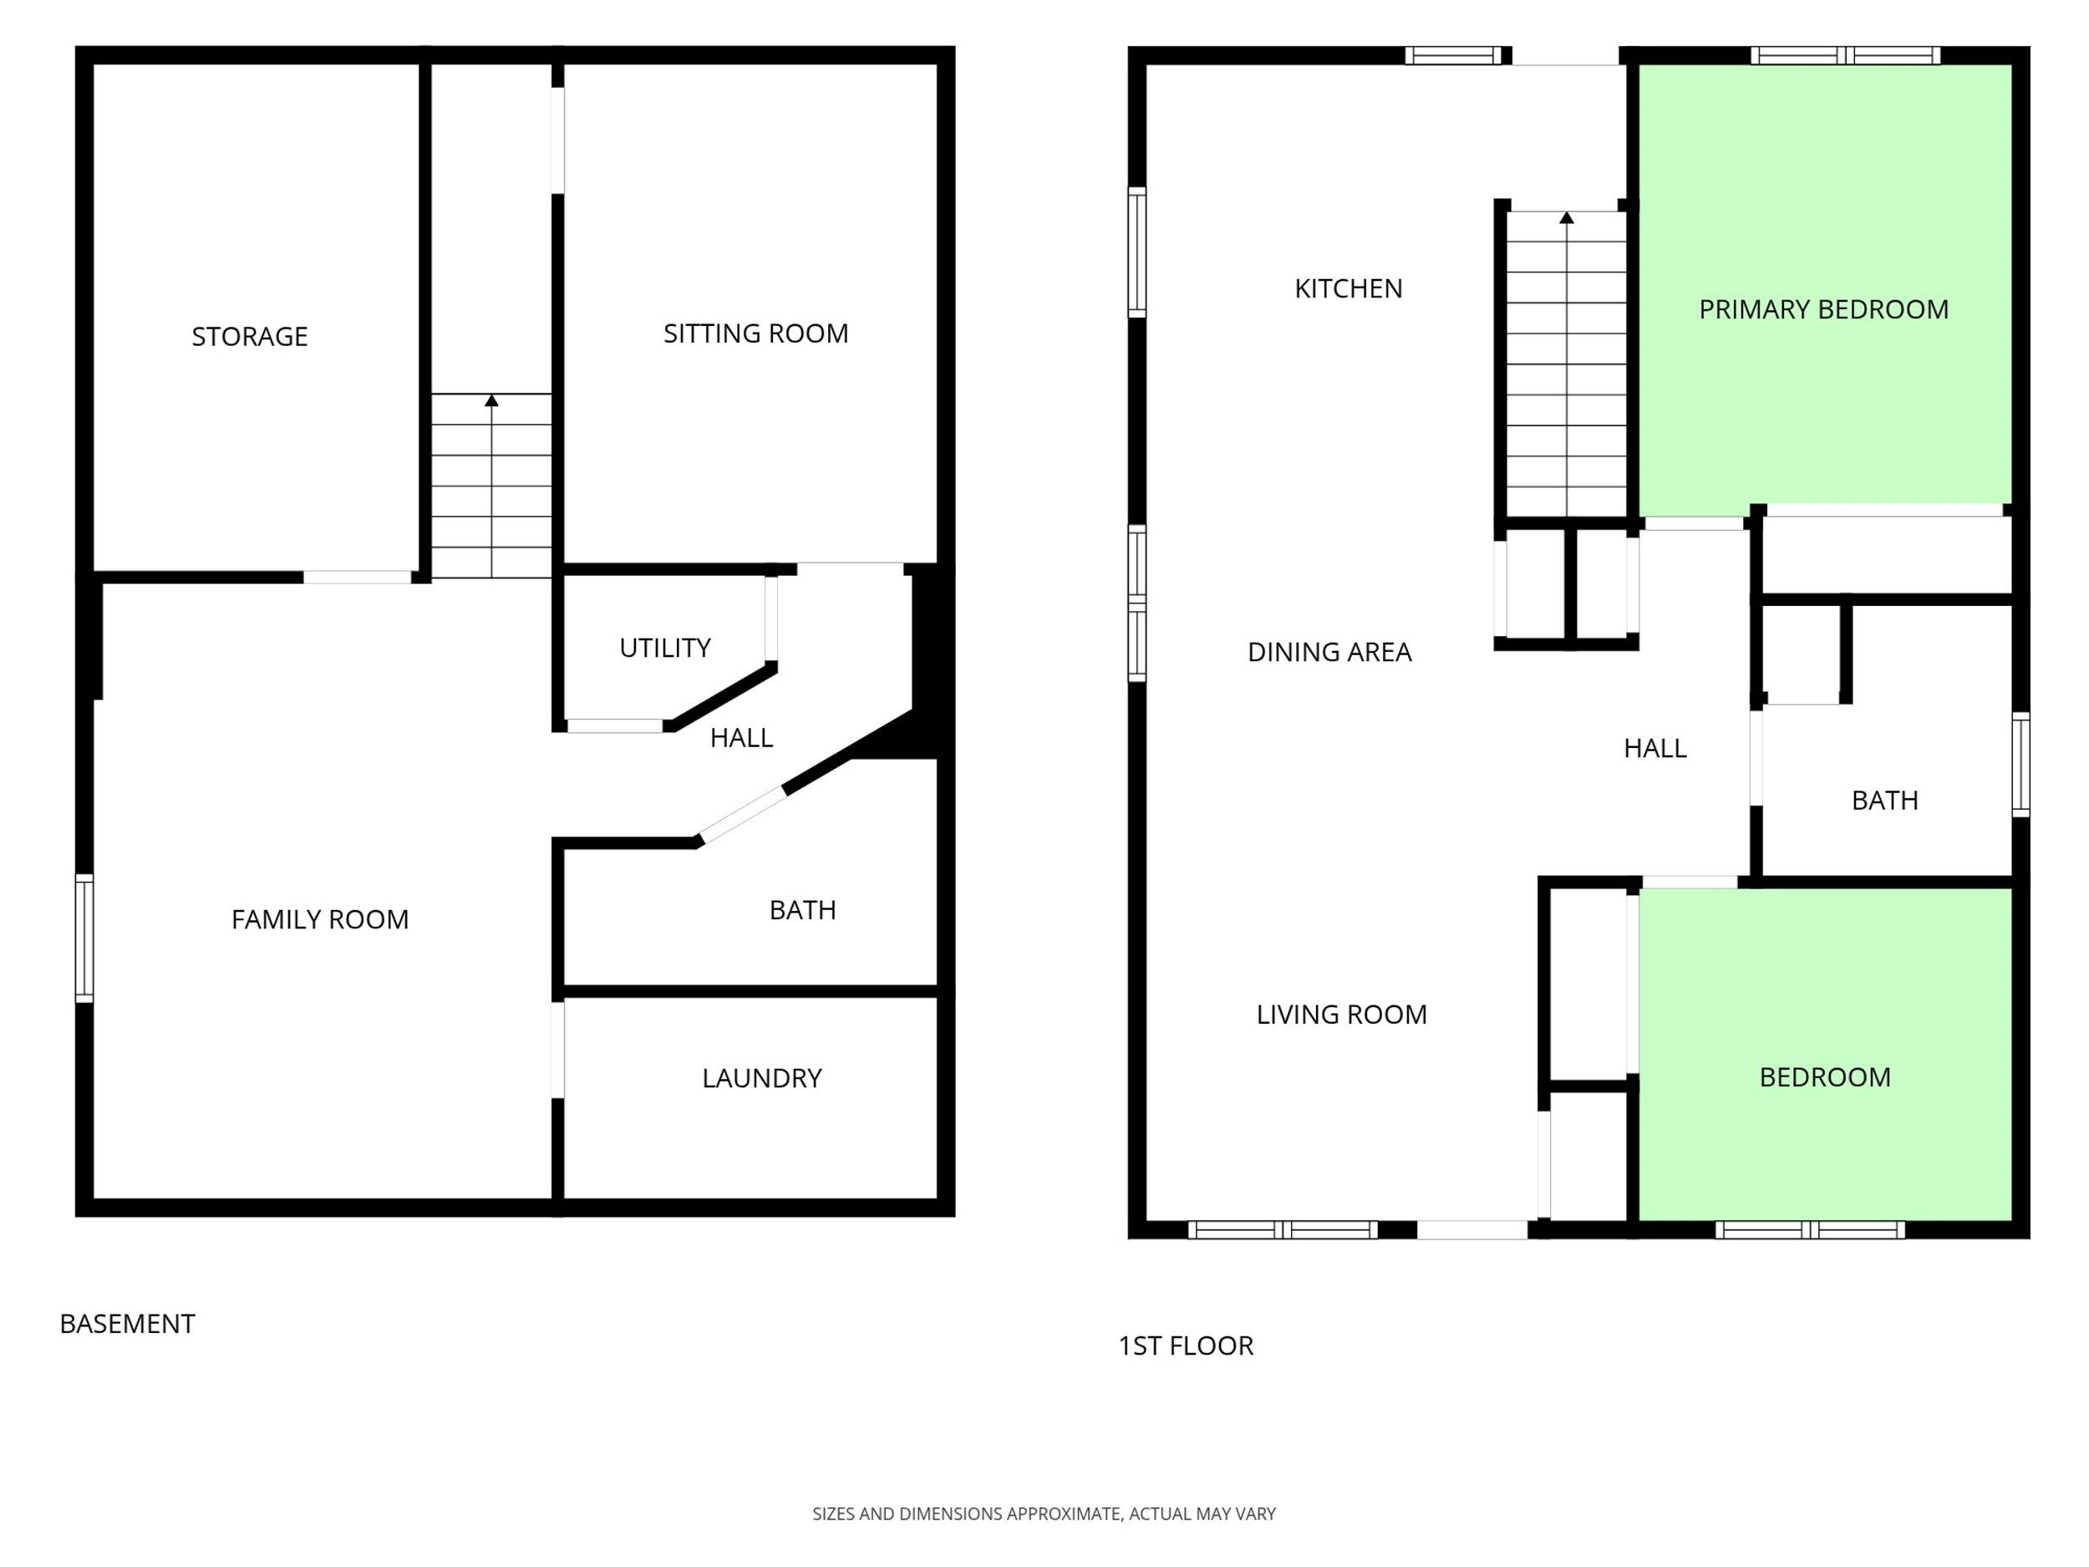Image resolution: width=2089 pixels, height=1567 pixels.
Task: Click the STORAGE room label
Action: pos(249,336)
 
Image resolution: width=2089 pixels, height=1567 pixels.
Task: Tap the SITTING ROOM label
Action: pos(755,333)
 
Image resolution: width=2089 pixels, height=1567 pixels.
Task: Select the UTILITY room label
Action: pos(665,648)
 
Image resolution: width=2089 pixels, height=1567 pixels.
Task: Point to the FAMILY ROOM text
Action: pos(320,919)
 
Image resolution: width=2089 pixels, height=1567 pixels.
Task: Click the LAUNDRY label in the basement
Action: pos(762,1078)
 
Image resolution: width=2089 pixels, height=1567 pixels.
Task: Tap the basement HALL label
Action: pos(741,738)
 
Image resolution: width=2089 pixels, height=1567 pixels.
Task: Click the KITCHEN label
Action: pos(1349,288)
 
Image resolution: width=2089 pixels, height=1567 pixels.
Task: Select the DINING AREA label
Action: pos(1329,652)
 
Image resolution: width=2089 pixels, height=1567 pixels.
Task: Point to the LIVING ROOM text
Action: pos(1341,1015)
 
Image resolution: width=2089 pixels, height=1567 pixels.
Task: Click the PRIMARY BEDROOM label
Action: pos(1823,309)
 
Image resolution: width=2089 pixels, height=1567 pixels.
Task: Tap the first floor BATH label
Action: pos(1885,800)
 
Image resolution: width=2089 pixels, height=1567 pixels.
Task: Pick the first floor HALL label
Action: pos(1654,748)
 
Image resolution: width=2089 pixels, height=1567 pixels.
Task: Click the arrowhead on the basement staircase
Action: pos(491,400)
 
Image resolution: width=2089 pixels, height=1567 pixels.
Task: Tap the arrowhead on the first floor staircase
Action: pos(1567,217)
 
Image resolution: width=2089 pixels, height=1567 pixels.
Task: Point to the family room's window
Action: pos(84,938)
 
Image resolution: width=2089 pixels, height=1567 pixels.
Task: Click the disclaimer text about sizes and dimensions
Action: pos(1044,1514)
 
